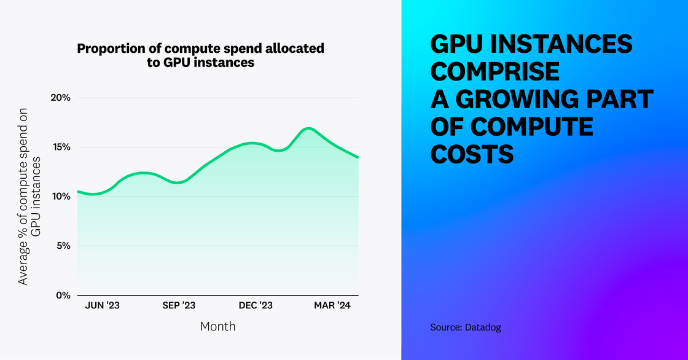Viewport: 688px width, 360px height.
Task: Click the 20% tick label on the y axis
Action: [x=60, y=98]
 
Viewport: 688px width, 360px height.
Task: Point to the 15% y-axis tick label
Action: [x=60, y=147]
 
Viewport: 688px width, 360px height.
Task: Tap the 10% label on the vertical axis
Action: [x=60, y=197]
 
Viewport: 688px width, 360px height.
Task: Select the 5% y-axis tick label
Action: [x=63, y=246]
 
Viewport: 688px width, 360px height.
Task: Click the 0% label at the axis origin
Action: [x=63, y=295]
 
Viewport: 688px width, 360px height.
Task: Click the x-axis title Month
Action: [x=217, y=326]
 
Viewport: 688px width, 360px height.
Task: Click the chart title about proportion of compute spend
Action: [x=200, y=55]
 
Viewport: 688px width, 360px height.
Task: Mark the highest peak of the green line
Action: [x=308, y=128]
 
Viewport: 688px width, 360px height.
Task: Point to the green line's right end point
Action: [x=358, y=157]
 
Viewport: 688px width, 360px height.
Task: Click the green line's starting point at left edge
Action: [x=77, y=192]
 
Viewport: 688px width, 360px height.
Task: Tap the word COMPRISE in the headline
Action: [x=495, y=72]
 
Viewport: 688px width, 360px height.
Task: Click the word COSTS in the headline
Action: [x=472, y=154]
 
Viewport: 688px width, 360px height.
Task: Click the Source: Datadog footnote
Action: [x=466, y=327]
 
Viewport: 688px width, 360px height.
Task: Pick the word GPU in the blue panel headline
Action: [x=458, y=45]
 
